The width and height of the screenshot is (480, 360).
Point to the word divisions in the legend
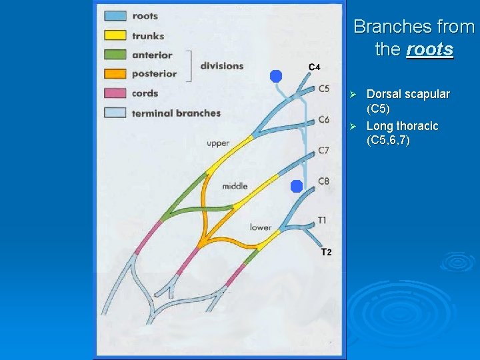(x=221, y=65)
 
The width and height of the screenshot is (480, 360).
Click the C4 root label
(x=315, y=67)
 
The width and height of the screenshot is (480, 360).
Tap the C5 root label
(x=323, y=88)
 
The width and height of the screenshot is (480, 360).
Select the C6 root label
(x=323, y=119)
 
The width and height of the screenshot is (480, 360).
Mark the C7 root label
(x=323, y=150)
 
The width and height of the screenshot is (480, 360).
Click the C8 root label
(x=323, y=181)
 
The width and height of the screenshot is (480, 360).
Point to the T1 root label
(x=322, y=220)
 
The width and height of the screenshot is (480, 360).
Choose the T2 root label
(x=326, y=252)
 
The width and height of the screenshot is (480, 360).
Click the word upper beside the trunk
(x=218, y=143)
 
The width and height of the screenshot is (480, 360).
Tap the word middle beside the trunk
(x=235, y=186)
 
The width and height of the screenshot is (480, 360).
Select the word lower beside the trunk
(x=261, y=227)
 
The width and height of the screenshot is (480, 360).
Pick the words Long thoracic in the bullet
(x=402, y=126)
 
